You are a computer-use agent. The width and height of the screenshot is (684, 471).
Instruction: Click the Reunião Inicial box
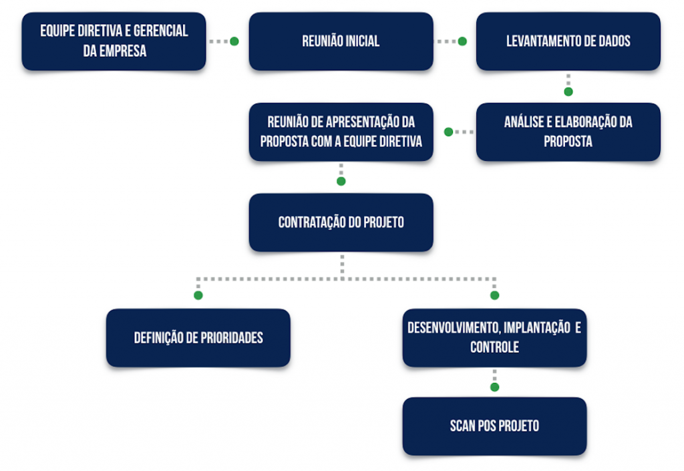341,41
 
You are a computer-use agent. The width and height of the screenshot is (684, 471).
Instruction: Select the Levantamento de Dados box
568,41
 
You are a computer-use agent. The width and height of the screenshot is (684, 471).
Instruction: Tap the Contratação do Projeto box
341,222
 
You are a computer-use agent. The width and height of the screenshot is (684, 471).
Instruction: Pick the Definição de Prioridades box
198,338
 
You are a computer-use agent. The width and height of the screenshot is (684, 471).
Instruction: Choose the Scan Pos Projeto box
494,426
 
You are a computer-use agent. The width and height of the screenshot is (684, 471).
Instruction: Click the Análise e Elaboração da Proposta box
568,132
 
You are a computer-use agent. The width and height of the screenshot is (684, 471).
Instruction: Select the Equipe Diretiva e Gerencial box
114,41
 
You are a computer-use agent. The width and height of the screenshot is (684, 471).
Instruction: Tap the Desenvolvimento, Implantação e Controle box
494,338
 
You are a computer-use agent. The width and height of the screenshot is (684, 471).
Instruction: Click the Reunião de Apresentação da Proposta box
341,132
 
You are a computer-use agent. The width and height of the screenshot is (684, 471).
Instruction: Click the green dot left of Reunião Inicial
234,41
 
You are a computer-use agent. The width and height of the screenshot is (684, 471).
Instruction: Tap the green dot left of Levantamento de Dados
462,41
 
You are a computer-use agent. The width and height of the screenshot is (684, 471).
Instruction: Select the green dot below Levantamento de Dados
568,92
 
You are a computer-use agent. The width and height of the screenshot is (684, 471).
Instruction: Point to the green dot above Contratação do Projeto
341,181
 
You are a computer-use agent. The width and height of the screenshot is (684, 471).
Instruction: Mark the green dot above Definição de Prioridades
198,295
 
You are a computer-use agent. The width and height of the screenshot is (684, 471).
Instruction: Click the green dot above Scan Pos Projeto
494,387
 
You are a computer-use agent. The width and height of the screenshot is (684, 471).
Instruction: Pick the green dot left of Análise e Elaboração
448,132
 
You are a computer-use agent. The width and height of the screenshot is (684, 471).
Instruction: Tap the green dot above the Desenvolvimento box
494,295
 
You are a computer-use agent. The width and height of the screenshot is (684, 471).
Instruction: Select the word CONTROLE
494,347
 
